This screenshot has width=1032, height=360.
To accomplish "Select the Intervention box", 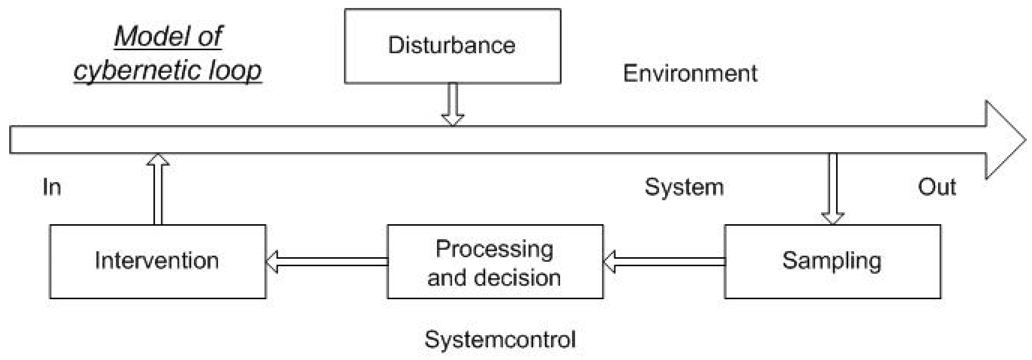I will click(x=158, y=261).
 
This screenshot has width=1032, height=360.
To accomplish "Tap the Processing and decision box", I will click(x=495, y=261).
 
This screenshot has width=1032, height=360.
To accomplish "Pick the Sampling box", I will click(x=832, y=261).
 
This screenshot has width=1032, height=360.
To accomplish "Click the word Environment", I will click(x=690, y=74).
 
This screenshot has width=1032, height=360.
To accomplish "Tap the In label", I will click(x=52, y=187).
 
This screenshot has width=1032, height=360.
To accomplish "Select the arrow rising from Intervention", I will click(x=158, y=188).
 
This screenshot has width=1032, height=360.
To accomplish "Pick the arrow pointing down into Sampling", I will click(x=833, y=188).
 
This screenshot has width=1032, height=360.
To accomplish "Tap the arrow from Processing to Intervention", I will click(x=326, y=261).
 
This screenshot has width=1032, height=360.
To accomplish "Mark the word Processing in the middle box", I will click(x=494, y=249).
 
